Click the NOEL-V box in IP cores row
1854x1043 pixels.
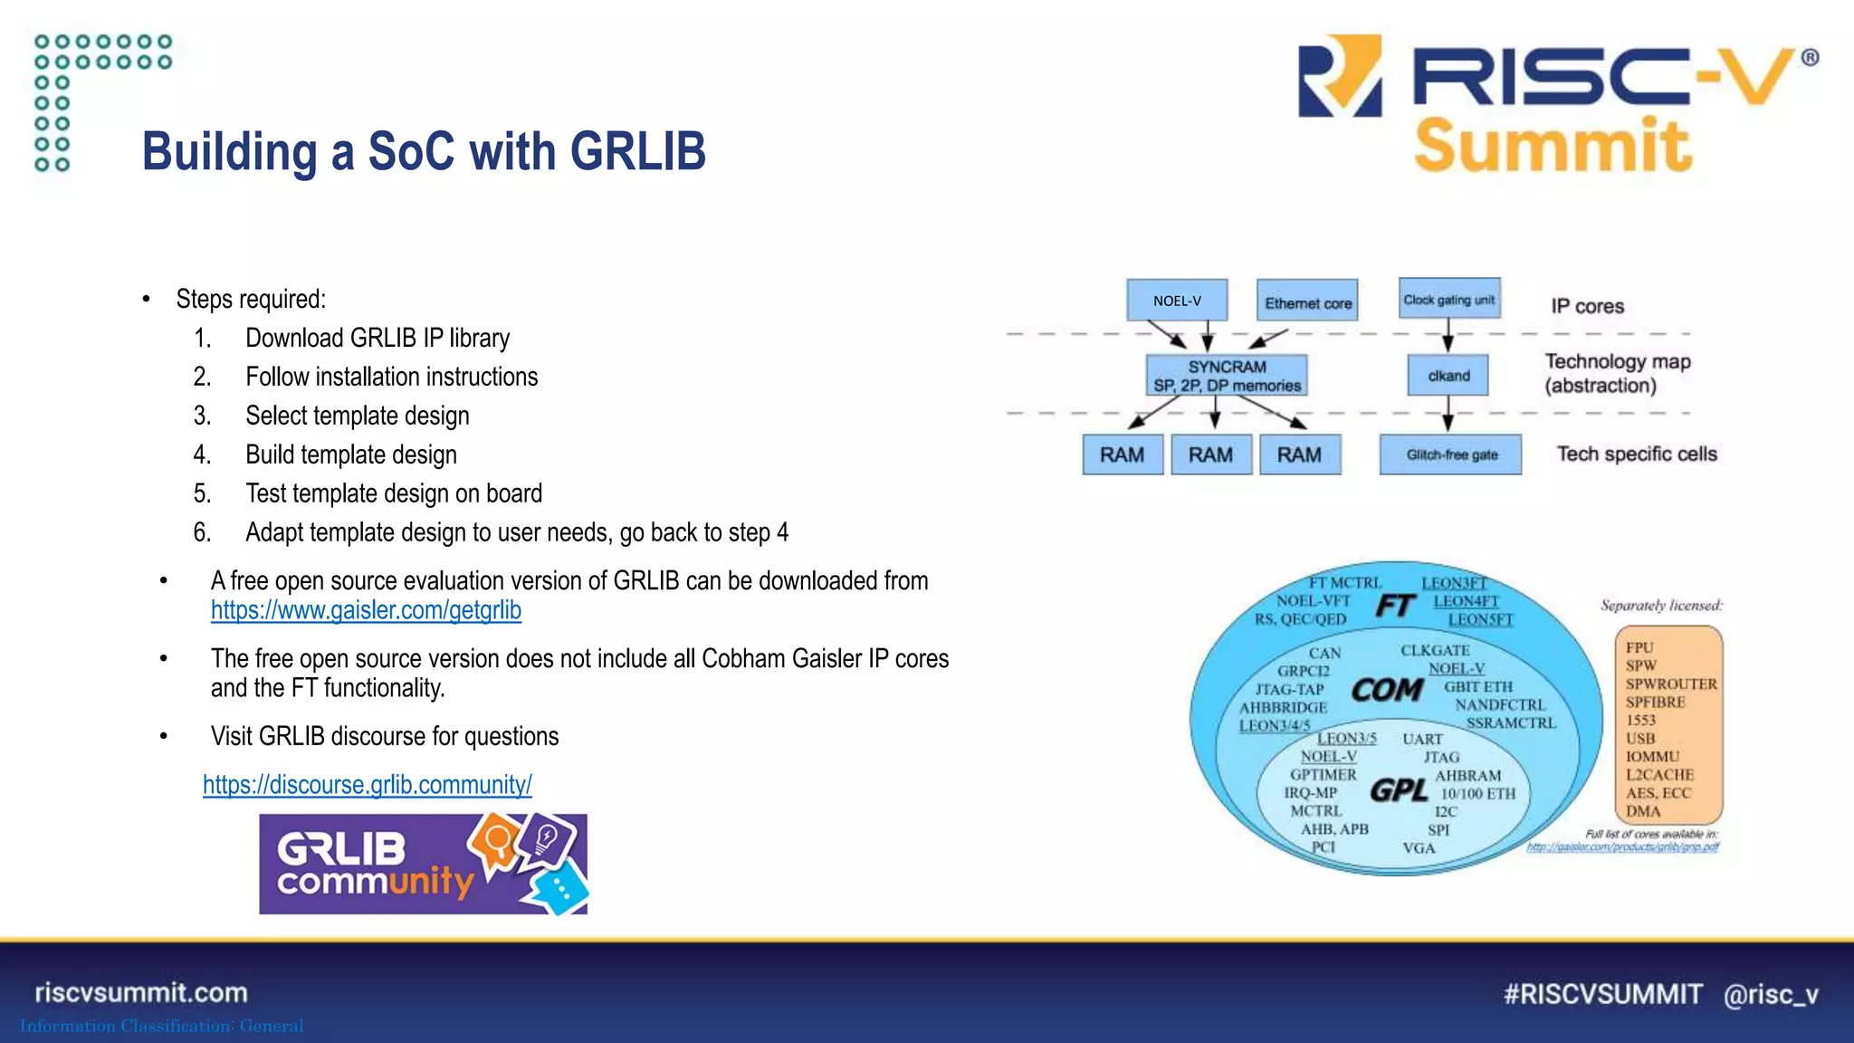(x=1177, y=301)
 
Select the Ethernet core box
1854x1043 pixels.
(x=1307, y=301)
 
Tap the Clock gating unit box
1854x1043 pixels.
(x=1448, y=299)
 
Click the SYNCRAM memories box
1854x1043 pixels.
(x=1227, y=376)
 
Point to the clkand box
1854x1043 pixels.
(x=1448, y=376)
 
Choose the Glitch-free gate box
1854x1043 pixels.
(x=1450, y=455)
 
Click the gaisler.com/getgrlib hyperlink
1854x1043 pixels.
(x=366, y=611)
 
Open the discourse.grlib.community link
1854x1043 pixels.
(x=367, y=784)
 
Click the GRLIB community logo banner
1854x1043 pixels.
(x=423, y=864)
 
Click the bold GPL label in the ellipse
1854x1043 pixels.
(x=1399, y=790)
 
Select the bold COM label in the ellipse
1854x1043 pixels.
(x=1387, y=690)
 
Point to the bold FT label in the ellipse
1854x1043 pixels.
(x=1395, y=605)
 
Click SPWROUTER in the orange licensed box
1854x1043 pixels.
(x=1670, y=684)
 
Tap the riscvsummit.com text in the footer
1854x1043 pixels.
(x=141, y=992)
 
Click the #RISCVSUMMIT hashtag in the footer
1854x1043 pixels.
(x=1602, y=994)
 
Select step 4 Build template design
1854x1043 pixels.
(x=351, y=455)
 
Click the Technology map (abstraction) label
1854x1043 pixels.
(x=1617, y=373)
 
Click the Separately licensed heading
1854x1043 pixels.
(x=1661, y=605)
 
